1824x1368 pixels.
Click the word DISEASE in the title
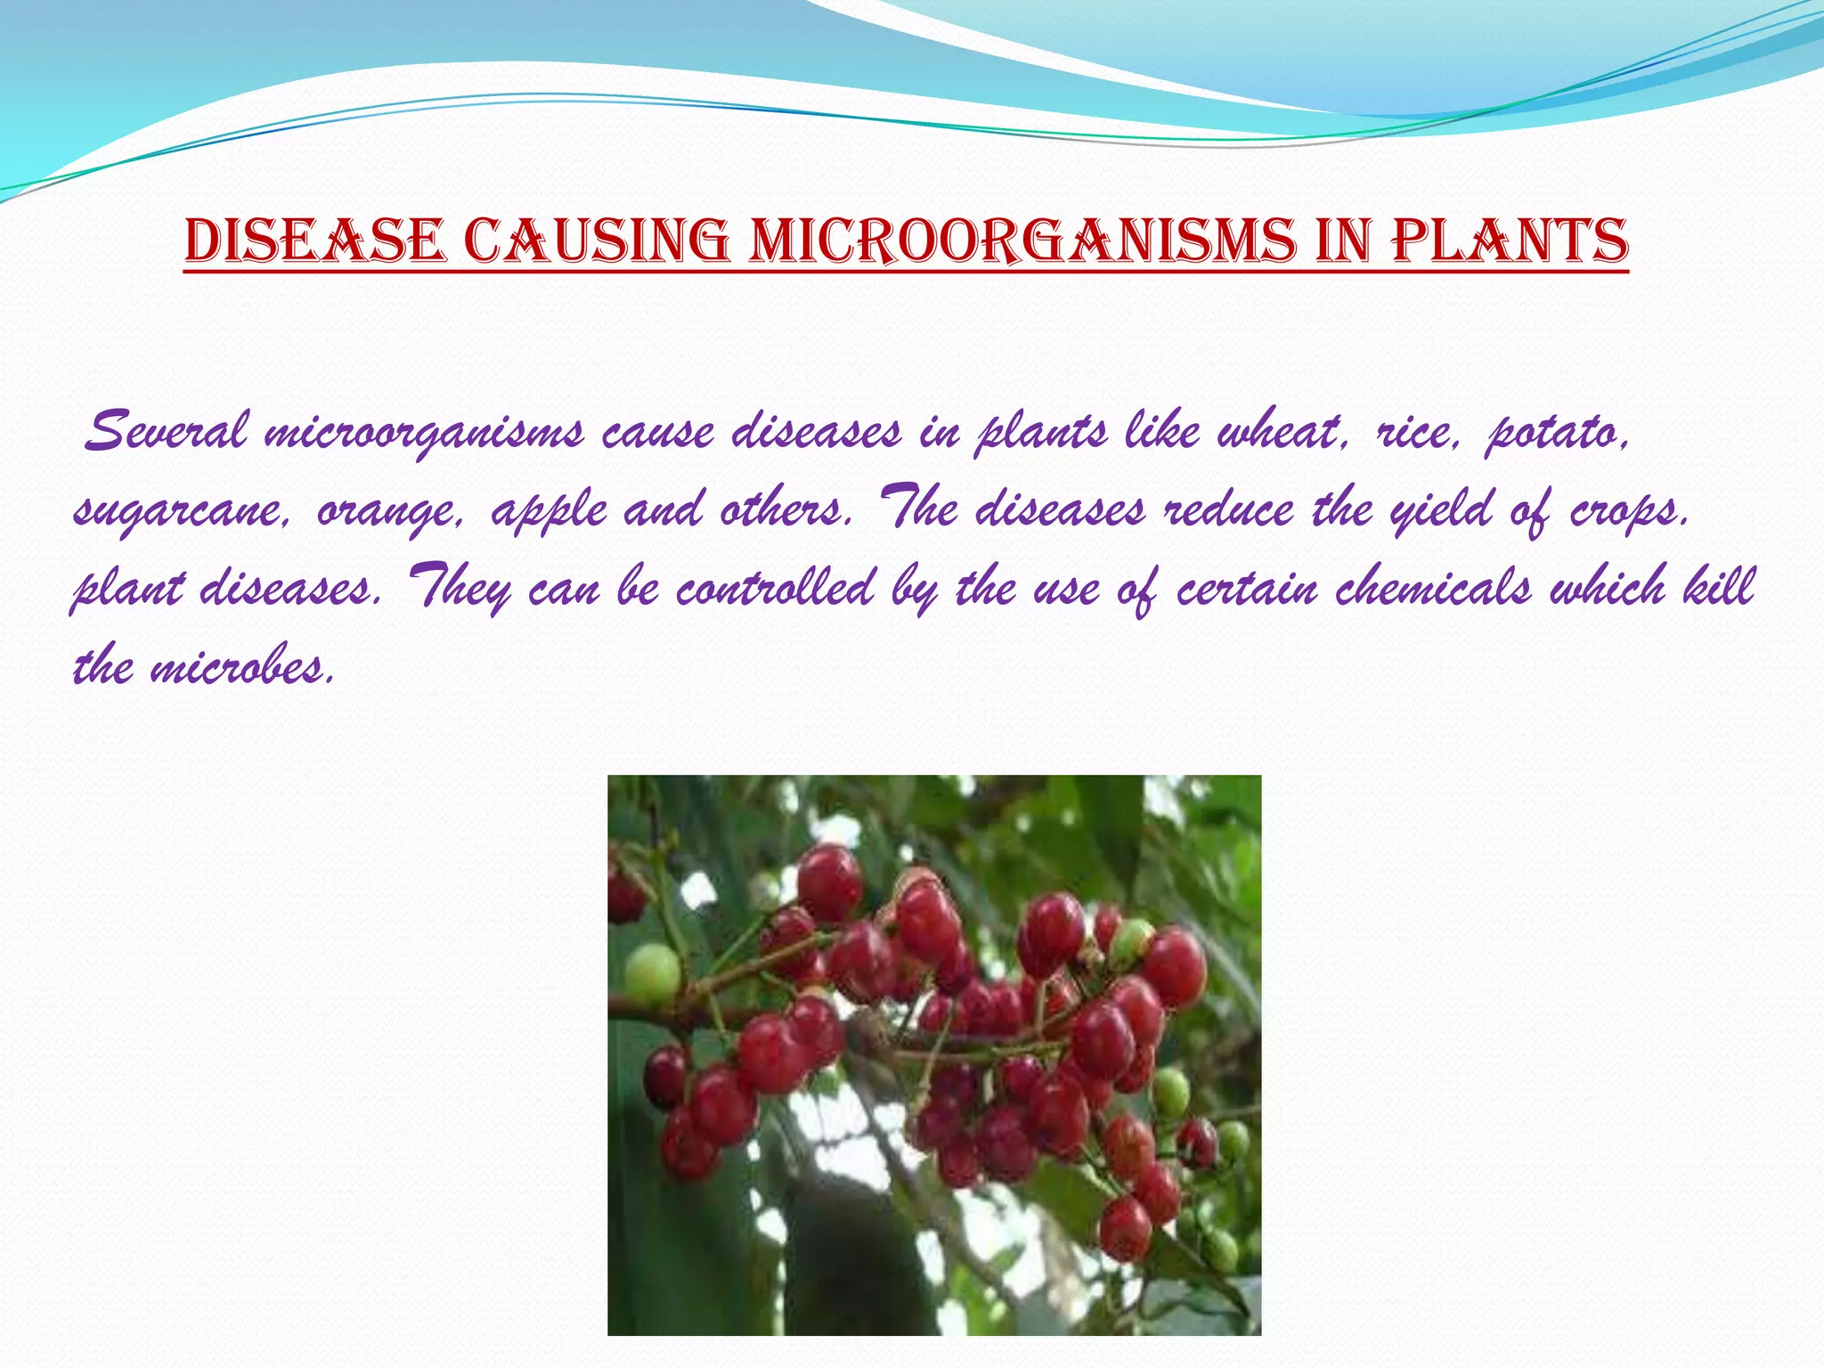click(x=313, y=240)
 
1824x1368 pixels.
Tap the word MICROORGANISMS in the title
click(x=1022, y=240)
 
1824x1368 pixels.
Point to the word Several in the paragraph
click(x=165, y=432)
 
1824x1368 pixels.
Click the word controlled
click(x=775, y=588)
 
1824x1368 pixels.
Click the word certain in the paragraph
click(x=1247, y=588)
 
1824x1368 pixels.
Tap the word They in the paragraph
click(x=459, y=588)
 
